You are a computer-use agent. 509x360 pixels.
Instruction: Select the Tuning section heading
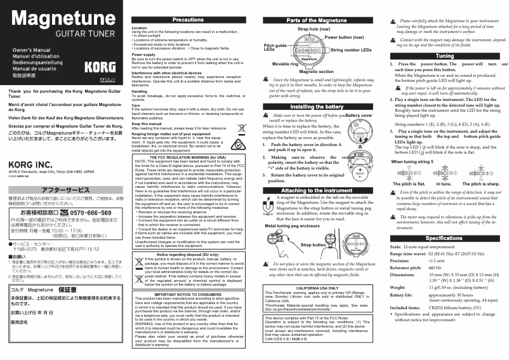445,56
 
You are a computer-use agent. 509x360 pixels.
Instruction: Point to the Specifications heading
445,238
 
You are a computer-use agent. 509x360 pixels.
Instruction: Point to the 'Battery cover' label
359,116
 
